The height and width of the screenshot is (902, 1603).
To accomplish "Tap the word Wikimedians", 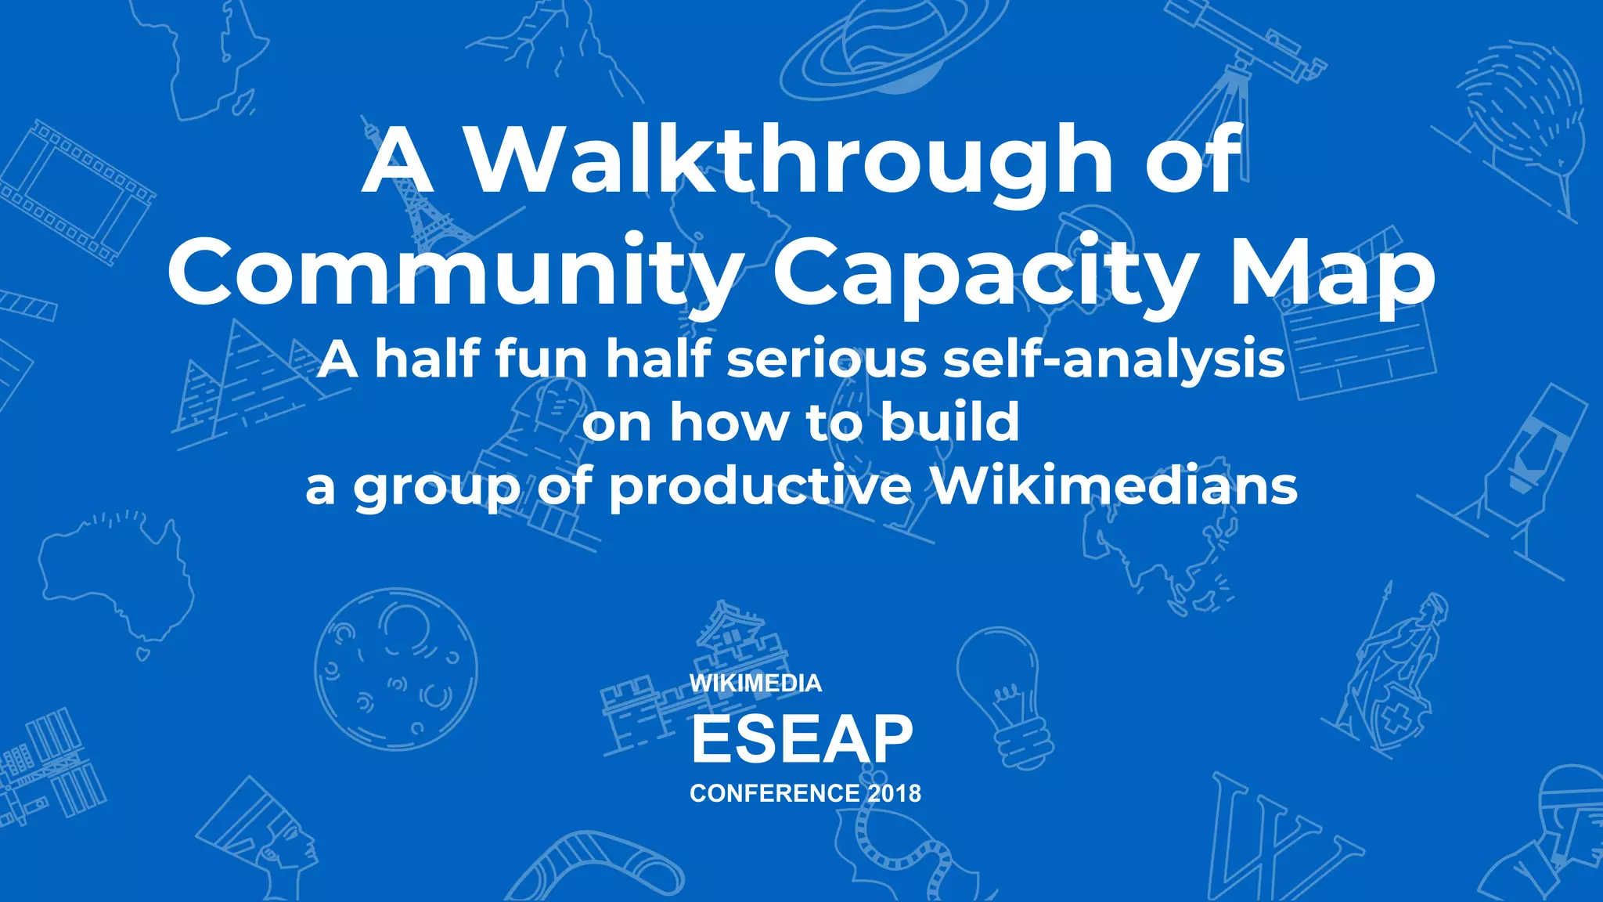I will click(x=1115, y=486).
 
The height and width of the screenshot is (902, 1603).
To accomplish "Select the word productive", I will click(x=760, y=486).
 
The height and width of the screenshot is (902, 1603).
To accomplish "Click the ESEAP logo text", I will click(x=801, y=739).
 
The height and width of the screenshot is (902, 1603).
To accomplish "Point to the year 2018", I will click(x=894, y=793).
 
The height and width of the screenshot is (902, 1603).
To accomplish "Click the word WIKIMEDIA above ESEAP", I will click(x=755, y=683).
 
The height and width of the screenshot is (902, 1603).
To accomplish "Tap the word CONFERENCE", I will click(x=775, y=793).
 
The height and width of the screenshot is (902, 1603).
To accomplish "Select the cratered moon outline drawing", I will click(x=395, y=669).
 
